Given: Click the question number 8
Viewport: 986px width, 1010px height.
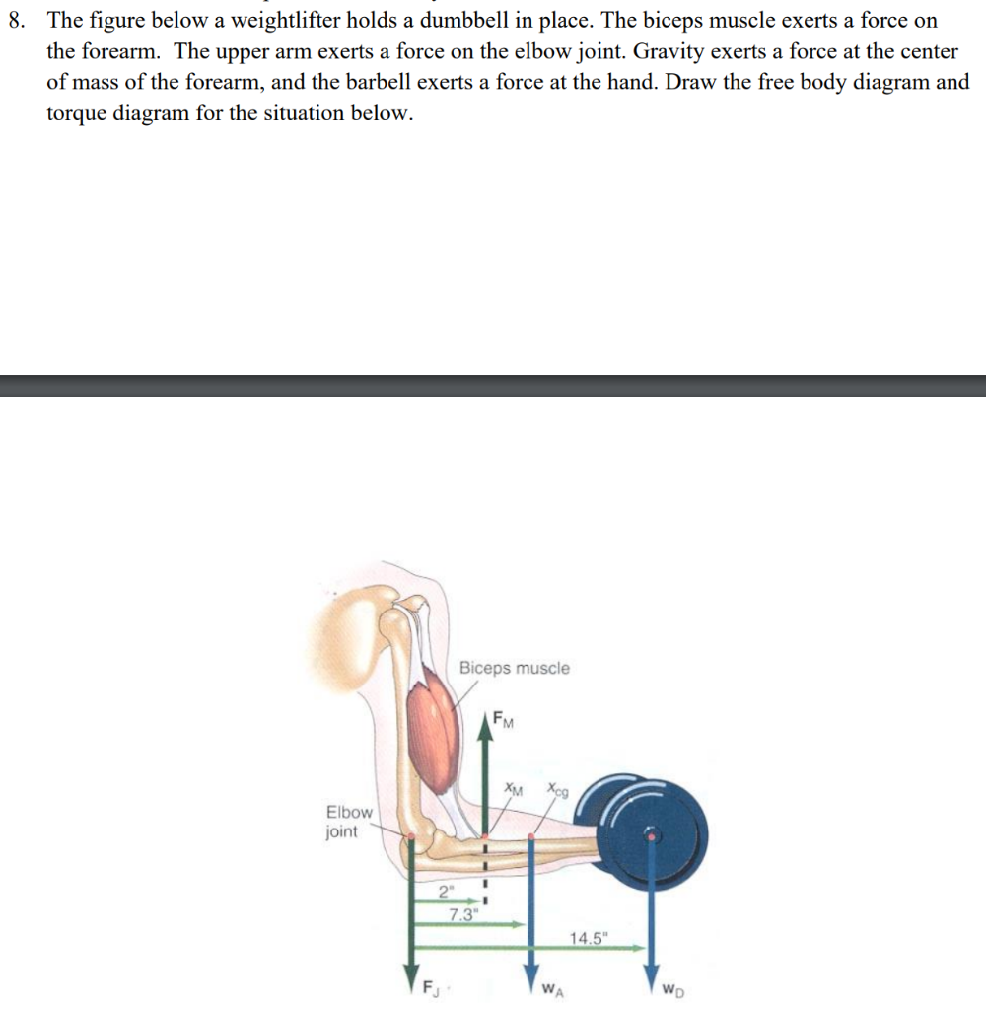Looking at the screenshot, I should coord(16,21).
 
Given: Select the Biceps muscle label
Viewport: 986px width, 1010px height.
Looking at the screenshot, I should coord(514,668).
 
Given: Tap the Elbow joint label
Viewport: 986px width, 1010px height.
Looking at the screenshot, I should coord(349,821).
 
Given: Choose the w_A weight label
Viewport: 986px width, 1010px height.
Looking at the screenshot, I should coord(554,986).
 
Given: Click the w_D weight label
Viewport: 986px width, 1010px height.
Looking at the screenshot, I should coord(671,986).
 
